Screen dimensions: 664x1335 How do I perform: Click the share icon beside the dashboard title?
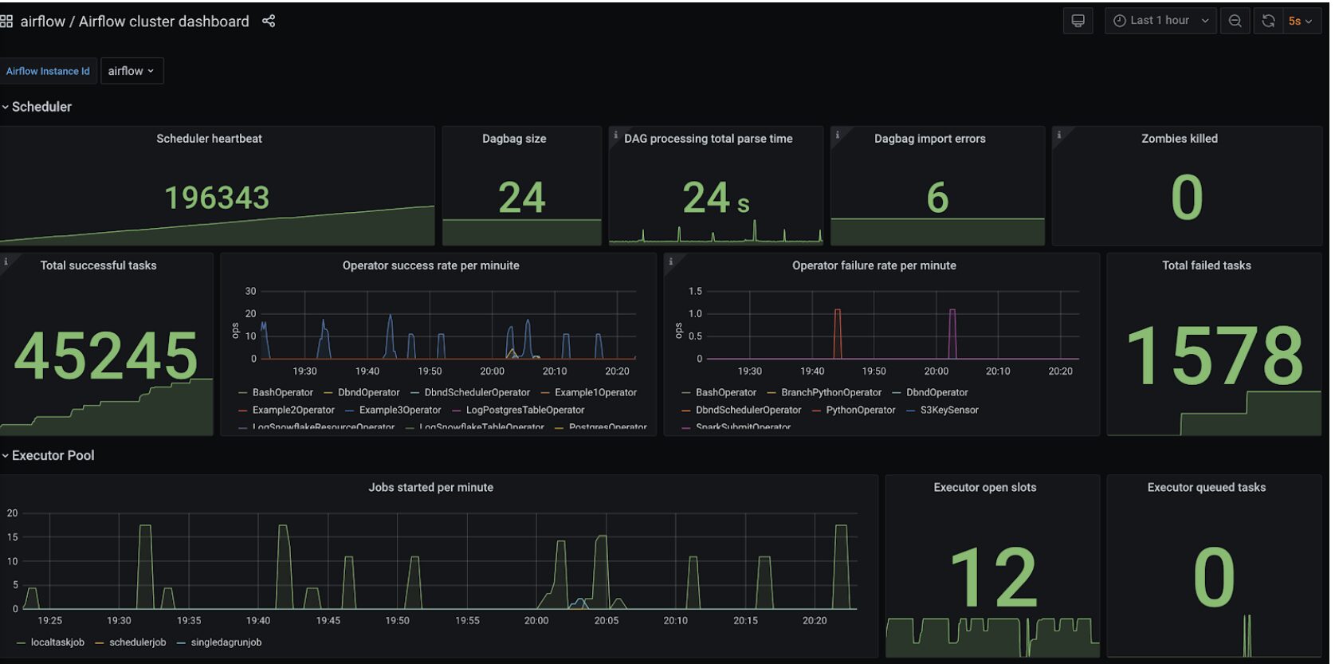269,22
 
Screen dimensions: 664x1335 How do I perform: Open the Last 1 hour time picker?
1160,21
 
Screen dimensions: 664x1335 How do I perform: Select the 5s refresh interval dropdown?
1299,22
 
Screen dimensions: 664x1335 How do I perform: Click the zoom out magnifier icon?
1235,22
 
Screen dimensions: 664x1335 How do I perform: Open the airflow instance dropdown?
132,71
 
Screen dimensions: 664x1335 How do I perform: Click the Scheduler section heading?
41,107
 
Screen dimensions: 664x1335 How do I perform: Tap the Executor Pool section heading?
53,456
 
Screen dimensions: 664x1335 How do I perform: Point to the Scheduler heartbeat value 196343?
217,198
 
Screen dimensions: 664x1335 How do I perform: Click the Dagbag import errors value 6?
937,198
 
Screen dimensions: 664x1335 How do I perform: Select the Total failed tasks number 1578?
1214,356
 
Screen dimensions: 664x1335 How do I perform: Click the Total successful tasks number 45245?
106,356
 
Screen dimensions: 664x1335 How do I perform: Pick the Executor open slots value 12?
993,578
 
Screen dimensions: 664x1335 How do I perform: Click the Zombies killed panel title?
1179,139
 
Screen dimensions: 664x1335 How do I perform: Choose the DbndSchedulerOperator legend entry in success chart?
477,393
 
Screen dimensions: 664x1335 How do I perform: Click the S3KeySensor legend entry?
948,411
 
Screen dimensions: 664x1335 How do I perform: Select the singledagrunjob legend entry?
226,642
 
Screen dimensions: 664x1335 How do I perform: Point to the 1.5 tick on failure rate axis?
695,292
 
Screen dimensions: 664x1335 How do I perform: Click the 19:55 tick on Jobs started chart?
467,621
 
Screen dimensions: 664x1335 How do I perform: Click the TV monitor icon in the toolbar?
1078,22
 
